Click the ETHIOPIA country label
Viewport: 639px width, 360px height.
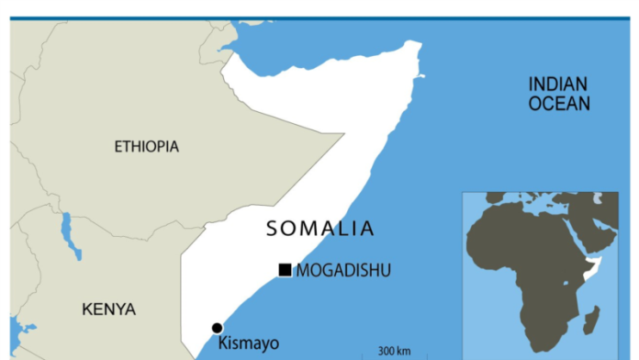point(147,147)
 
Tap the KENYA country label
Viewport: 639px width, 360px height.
point(108,309)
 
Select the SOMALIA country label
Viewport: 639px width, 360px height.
point(320,230)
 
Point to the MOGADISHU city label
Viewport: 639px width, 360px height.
point(343,270)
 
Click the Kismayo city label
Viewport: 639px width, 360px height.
point(249,344)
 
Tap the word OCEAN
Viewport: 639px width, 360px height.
point(558,104)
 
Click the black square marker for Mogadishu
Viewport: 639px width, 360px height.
point(285,270)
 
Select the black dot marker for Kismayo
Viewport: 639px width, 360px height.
point(218,328)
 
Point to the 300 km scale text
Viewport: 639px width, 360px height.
point(394,351)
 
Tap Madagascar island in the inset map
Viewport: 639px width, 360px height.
point(593,321)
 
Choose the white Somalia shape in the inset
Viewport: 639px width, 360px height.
point(597,267)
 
